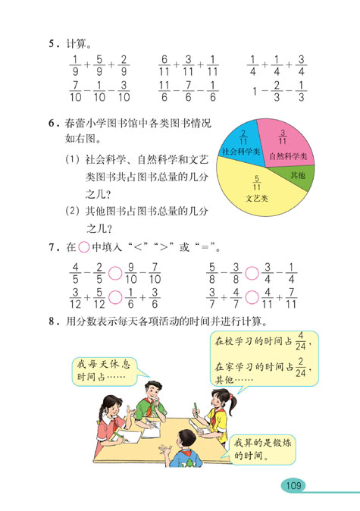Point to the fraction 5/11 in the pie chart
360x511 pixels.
click(x=257, y=183)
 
